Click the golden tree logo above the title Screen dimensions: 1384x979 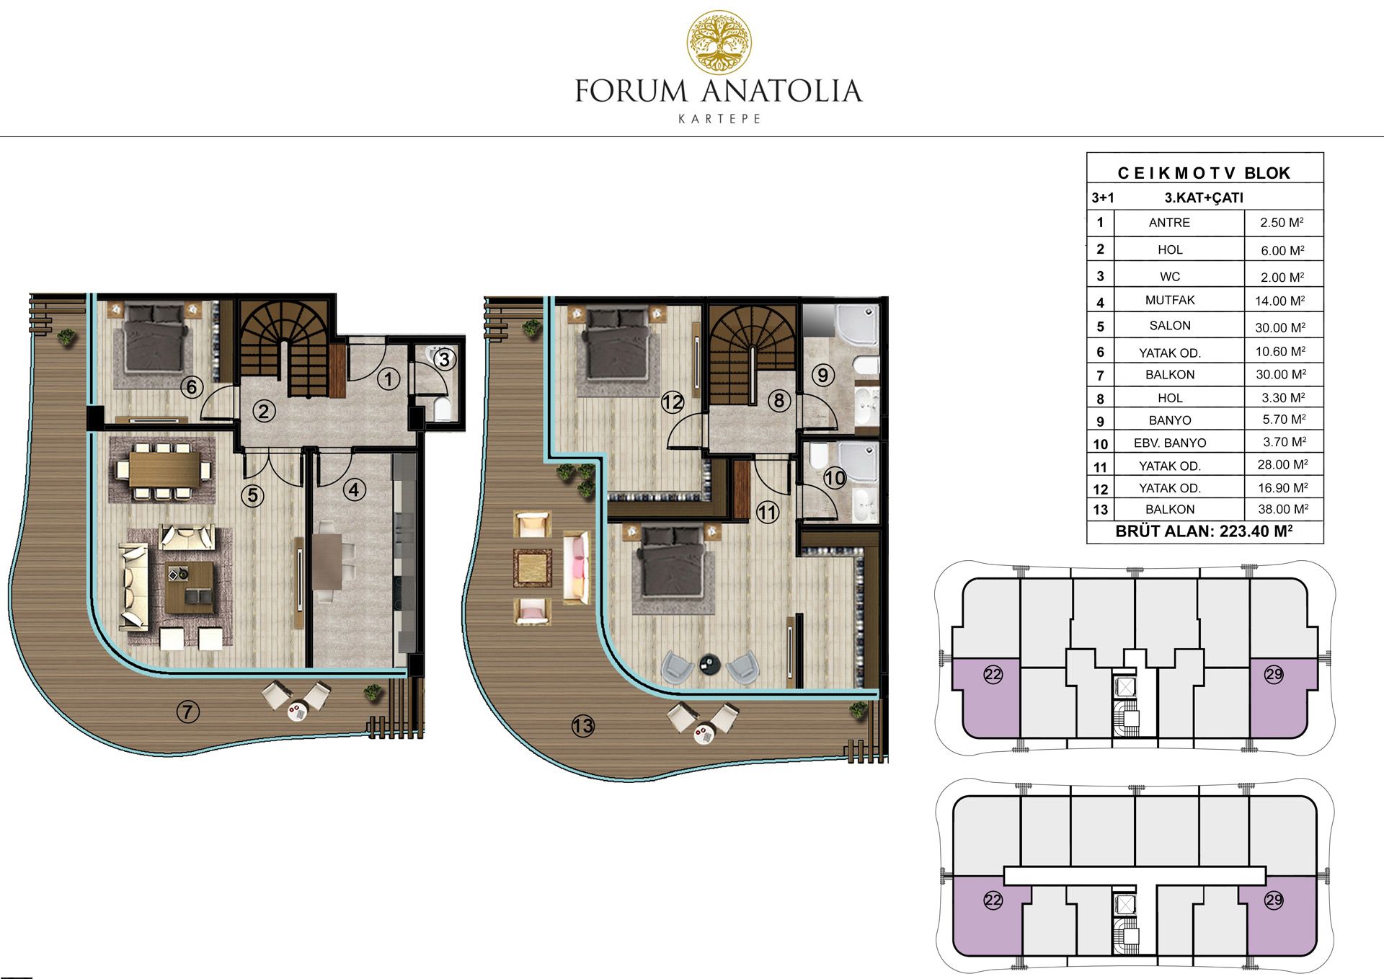point(719,43)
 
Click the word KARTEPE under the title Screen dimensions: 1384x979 point(719,119)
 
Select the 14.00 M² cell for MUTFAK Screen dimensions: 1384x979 point(1282,301)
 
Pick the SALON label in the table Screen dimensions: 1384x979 point(1170,326)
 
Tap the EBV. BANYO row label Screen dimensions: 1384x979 point(1170,443)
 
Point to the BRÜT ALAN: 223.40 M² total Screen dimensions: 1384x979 point(1204,532)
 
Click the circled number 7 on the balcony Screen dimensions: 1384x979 point(187,712)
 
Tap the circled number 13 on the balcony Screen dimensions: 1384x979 point(582,726)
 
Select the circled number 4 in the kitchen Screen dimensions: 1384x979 point(353,490)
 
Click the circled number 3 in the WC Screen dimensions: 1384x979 point(445,359)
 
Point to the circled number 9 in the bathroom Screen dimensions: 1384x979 point(822,375)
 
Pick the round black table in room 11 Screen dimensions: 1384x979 point(710,665)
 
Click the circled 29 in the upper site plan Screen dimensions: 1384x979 point(1274,674)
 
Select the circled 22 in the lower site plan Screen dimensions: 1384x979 point(993,900)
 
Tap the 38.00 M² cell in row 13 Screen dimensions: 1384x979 point(1282,510)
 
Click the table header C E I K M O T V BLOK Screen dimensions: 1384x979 point(1204,173)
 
